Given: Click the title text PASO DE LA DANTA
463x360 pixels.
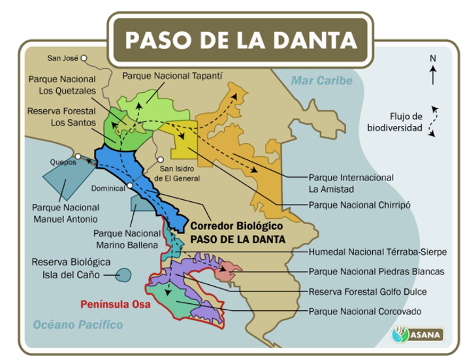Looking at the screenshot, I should (x=241, y=39).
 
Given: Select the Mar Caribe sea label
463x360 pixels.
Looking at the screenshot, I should (x=321, y=81).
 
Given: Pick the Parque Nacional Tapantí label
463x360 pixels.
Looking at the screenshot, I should (x=172, y=76).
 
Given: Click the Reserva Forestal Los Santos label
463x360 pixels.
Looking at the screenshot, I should (x=61, y=117).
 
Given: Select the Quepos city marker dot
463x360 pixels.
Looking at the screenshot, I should (x=78, y=155).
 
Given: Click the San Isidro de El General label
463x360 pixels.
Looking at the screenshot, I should (x=180, y=173).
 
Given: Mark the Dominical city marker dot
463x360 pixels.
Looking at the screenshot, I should (x=129, y=185).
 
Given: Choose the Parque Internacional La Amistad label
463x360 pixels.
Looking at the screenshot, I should (x=351, y=183).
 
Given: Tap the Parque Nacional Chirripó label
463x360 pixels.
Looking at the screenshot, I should (x=359, y=205).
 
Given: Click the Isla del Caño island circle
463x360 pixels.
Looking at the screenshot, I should (x=123, y=275).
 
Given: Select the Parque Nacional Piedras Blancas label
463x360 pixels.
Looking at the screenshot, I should (x=376, y=271).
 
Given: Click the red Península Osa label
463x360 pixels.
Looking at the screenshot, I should (x=115, y=304).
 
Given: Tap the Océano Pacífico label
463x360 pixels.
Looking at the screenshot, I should (x=78, y=325).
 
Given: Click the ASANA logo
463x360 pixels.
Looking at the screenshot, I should (x=417, y=335).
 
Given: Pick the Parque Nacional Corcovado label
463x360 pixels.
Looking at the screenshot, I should (x=365, y=311).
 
